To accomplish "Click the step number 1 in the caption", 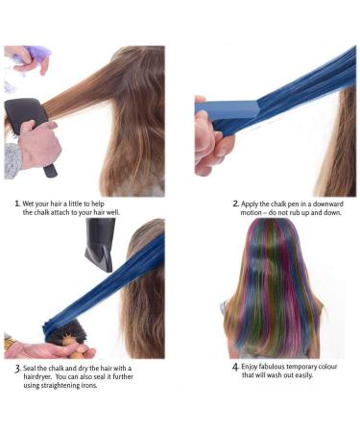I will pyautogui.click(x=16, y=204).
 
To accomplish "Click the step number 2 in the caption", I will pyautogui.click(x=236, y=204).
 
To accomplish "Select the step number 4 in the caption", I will pyautogui.click(x=236, y=367).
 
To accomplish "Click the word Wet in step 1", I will pyautogui.click(x=31, y=204).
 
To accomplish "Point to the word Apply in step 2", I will pyautogui.click(x=253, y=204).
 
